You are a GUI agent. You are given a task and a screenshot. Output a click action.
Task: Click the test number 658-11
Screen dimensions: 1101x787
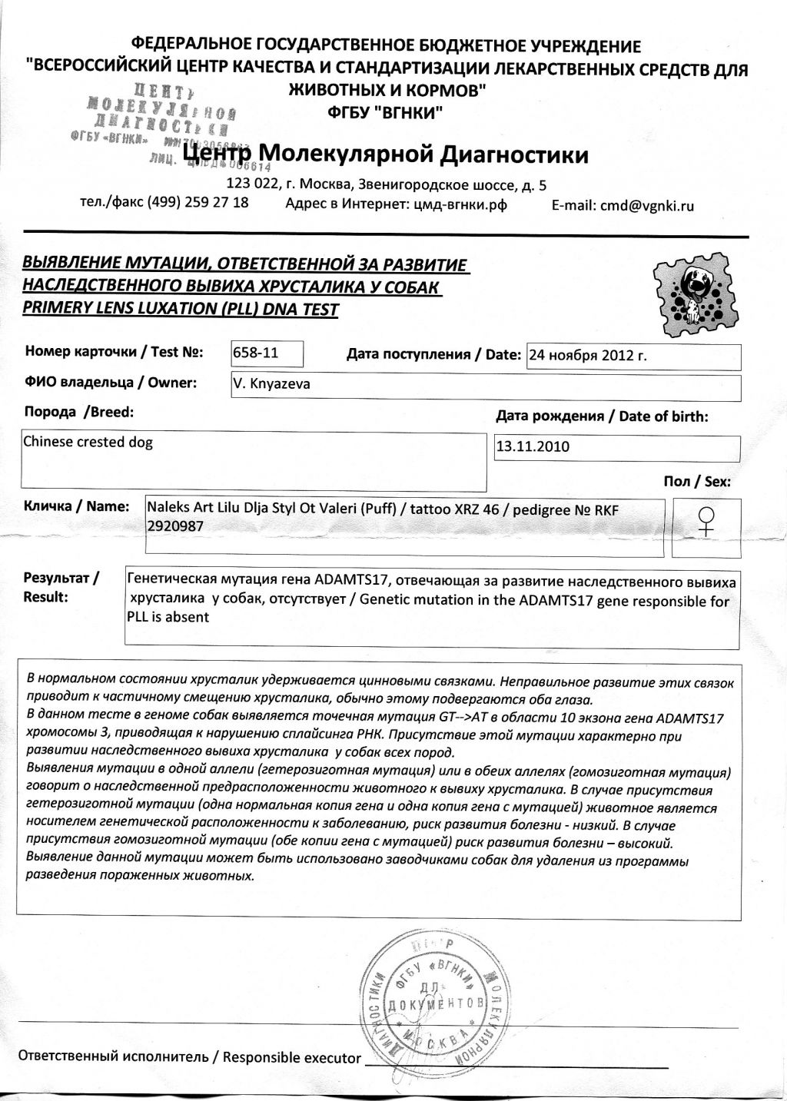[x=255, y=353]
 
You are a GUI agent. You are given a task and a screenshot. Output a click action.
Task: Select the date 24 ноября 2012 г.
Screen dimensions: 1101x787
[x=591, y=356]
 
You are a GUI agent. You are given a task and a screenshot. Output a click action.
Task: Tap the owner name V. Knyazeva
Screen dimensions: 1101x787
[x=271, y=384]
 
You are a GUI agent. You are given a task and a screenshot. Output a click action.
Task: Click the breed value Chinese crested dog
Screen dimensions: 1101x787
[x=88, y=442]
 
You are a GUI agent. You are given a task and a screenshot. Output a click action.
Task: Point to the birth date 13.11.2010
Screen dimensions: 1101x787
[x=533, y=446]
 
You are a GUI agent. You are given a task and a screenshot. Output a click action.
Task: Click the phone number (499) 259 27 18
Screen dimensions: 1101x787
[x=198, y=202]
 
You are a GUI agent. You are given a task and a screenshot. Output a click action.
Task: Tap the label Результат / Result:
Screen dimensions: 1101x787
[x=61, y=587]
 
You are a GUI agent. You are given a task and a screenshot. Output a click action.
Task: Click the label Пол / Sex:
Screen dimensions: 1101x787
[x=697, y=482]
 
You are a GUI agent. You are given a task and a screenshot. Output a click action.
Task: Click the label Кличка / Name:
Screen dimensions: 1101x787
[x=76, y=506]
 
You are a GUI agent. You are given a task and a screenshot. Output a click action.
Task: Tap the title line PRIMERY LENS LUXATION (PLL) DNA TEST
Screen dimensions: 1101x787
[x=181, y=310]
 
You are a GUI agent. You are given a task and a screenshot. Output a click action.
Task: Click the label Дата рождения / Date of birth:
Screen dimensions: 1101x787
[x=602, y=416]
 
